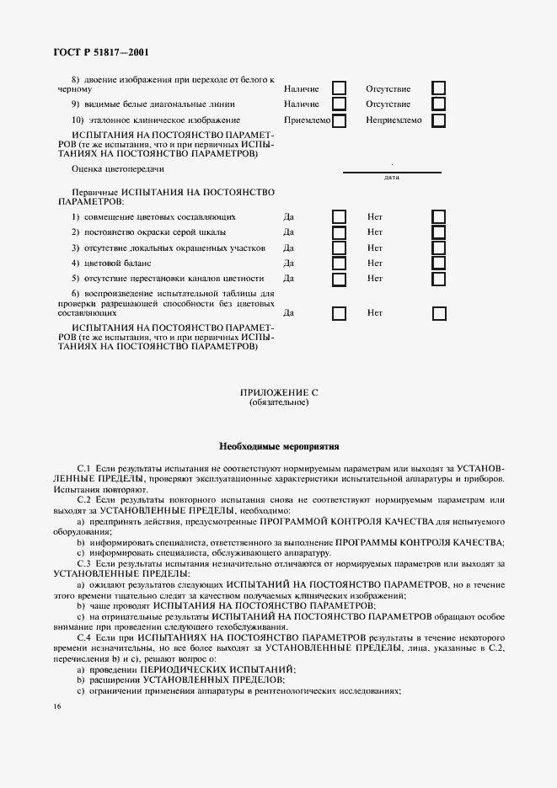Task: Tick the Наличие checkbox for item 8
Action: [339, 88]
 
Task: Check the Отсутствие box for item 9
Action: [439, 104]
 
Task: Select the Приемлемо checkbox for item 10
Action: [339, 120]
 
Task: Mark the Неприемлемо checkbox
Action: [439, 120]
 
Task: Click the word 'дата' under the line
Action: [391, 178]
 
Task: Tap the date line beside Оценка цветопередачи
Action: [391, 172]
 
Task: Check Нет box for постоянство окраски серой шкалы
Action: [439, 232]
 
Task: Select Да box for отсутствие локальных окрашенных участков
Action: [339, 248]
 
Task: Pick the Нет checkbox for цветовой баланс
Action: [439, 264]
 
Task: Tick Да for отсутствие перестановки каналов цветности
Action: [339, 279]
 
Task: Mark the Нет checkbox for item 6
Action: [439, 313]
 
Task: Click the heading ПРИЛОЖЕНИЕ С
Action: [279, 393]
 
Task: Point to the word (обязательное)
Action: [279, 402]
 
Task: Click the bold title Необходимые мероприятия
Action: [279, 445]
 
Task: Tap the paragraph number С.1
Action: [84, 467]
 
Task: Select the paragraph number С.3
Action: [84, 562]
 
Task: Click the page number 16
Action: [56, 705]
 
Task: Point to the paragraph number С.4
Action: [84, 639]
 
